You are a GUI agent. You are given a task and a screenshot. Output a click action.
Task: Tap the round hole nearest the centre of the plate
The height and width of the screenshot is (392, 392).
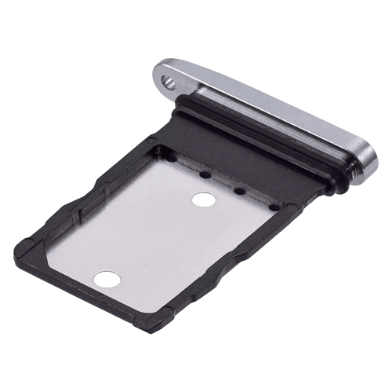[202, 200]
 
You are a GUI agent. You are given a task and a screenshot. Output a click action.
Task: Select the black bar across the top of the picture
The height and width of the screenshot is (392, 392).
[196, 27]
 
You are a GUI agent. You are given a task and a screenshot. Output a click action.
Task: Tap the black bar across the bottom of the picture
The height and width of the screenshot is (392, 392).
[196, 364]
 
